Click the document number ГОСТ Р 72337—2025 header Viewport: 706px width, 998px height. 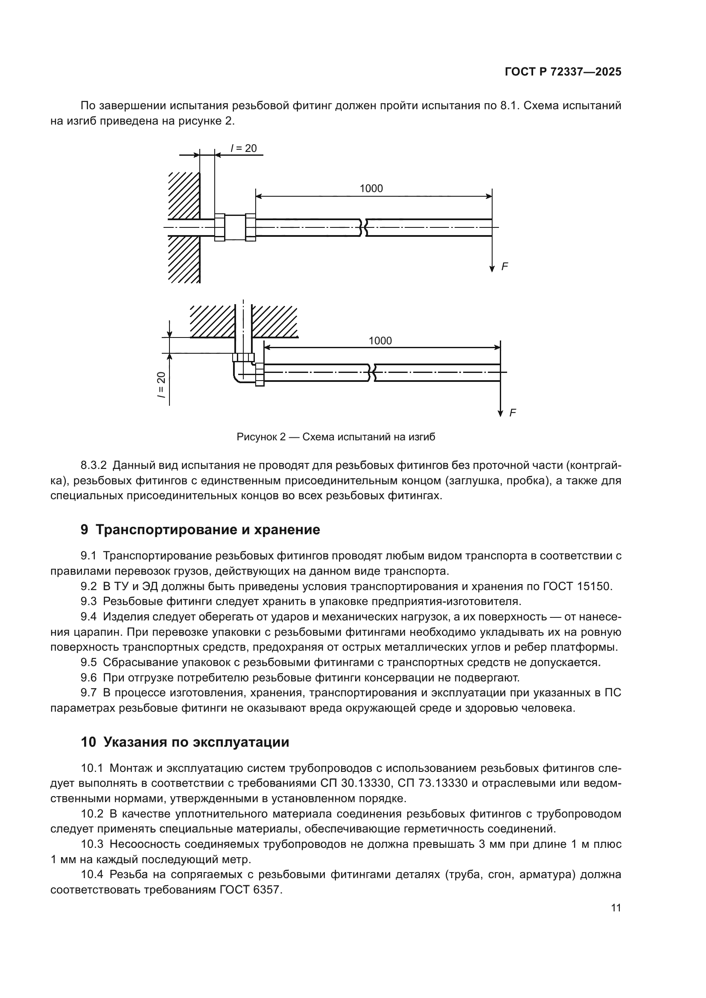[x=563, y=72]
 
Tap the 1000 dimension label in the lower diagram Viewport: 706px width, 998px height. [x=380, y=341]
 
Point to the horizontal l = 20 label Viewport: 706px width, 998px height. [x=243, y=148]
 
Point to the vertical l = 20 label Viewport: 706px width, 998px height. [x=161, y=385]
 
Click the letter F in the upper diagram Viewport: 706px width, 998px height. [x=504, y=266]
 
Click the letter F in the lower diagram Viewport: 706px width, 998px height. [x=513, y=413]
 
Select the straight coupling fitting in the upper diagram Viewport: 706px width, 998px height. [x=235, y=227]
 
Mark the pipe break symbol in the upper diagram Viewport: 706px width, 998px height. [x=363, y=227]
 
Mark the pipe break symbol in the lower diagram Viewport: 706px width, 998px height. [x=373, y=373]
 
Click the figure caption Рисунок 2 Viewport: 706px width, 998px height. [x=335, y=437]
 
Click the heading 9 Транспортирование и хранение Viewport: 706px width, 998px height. [x=201, y=530]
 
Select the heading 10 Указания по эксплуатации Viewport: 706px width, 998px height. [x=185, y=742]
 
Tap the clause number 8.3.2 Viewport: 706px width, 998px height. [x=93, y=466]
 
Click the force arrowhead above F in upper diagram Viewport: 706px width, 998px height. [x=492, y=268]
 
